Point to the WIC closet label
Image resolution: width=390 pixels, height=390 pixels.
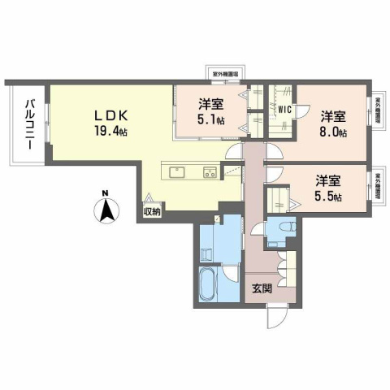coord(284,108)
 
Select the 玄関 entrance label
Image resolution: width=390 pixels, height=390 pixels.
coord(261,288)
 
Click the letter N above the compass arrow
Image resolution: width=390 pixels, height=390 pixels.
coord(106,193)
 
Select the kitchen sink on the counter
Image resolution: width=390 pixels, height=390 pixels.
coord(176,171)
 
